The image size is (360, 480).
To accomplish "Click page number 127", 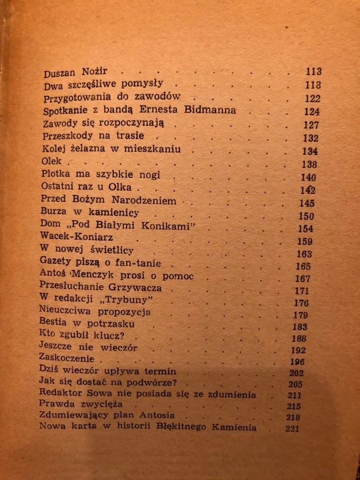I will pyautogui.click(x=312, y=125).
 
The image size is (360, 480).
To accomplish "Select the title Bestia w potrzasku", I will pyautogui.click(x=86, y=324).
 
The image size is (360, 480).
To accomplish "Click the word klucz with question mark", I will pyautogui.click(x=119, y=336).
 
